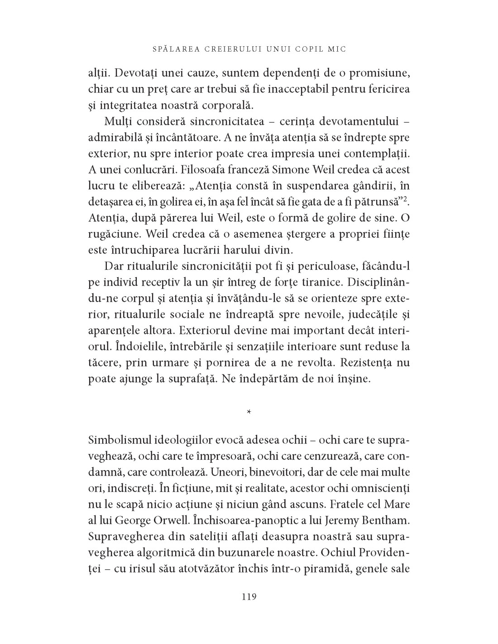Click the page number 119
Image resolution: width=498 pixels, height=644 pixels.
click(x=249, y=596)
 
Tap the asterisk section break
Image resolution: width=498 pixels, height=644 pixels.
click(x=249, y=412)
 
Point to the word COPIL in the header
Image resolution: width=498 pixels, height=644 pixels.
click(x=314, y=49)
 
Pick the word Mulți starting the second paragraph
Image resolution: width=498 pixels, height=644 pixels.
click(x=117, y=122)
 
